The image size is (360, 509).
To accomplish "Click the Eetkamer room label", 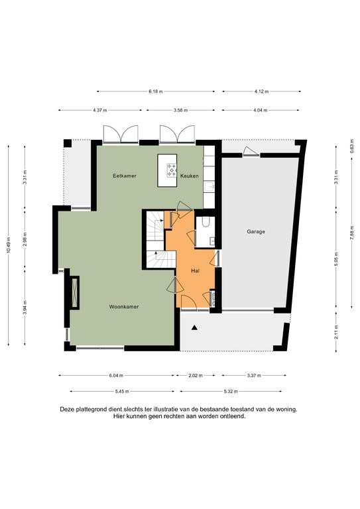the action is (125, 176).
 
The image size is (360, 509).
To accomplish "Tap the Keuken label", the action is (189, 176).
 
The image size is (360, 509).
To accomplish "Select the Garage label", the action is (256, 232).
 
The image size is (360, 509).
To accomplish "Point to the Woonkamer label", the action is (124, 307).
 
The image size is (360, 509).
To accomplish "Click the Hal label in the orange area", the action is (195, 270).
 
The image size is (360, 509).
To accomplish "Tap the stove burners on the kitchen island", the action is (172, 170).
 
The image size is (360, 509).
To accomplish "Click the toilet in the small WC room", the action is (205, 221).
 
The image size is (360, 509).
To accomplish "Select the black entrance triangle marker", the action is (194, 327).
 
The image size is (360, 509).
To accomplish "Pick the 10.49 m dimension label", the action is (9, 245).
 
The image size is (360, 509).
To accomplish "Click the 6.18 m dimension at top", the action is (156, 91).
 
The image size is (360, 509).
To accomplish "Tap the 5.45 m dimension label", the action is (122, 392).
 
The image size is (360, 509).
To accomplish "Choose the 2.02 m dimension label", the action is (196, 376).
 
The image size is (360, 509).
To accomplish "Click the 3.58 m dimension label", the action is (180, 111).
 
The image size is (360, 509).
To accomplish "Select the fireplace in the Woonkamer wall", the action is (75, 293).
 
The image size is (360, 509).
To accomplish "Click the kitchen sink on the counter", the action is (210, 186).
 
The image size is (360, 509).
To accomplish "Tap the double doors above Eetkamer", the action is (121, 135).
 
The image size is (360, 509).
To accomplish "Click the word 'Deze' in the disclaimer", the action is (67, 410).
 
